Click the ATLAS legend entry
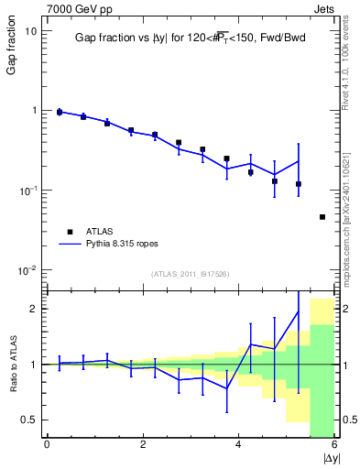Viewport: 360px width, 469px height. click(x=102, y=232)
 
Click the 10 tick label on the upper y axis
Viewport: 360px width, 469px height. click(x=30, y=30)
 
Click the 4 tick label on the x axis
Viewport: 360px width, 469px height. click(x=239, y=445)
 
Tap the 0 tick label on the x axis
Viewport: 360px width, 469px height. click(x=47, y=445)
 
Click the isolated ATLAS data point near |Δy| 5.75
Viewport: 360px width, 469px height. click(x=322, y=217)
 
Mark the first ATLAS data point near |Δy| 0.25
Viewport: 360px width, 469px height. click(x=60, y=112)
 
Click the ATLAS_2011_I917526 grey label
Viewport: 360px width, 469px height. click(x=190, y=274)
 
